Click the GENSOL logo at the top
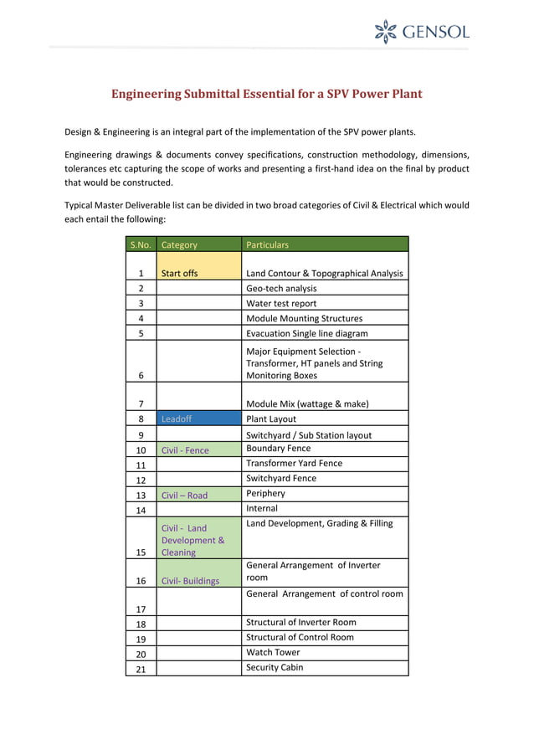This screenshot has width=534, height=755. (x=421, y=32)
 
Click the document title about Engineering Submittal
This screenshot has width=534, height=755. (x=267, y=94)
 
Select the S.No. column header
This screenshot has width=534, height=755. (x=141, y=244)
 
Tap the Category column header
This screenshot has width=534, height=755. (x=198, y=244)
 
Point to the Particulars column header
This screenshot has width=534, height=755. (x=325, y=244)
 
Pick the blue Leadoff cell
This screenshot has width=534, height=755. (x=198, y=419)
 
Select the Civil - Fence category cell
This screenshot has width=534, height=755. (x=198, y=449)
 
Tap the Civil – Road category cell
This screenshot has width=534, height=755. (x=198, y=495)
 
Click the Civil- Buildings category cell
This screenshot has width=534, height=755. (x=198, y=573)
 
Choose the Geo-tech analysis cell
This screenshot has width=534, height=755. (x=325, y=288)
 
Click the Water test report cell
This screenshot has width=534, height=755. (x=325, y=303)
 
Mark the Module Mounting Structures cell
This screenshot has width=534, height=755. (x=325, y=318)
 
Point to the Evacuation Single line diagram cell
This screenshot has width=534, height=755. (x=325, y=332)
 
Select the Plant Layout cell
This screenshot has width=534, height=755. (x=325, y=419)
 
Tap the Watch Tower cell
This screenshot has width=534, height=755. (x=325, y=652)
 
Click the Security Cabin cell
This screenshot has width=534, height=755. (x=325, y=667)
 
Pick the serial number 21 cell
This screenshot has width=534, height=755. (x=141, y=668)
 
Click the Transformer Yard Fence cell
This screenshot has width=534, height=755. (x=325, y=463)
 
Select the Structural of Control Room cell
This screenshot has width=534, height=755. (x=325, y=637)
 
